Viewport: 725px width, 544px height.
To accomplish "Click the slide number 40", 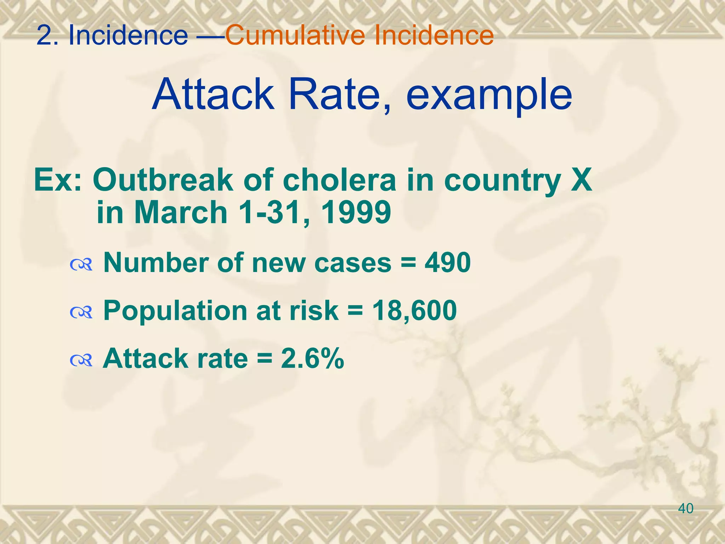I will click(686, 509).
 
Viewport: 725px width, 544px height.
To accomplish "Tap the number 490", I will click(448, 263).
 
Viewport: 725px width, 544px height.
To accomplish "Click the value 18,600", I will click(415, 311).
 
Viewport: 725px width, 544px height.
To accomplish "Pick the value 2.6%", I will click(312, 358).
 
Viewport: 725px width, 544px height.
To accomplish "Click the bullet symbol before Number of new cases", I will click(81, 264).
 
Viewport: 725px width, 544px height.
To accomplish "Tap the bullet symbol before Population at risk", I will click(81, 312).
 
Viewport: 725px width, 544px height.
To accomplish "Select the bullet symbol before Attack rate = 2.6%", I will click(81, 360).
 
